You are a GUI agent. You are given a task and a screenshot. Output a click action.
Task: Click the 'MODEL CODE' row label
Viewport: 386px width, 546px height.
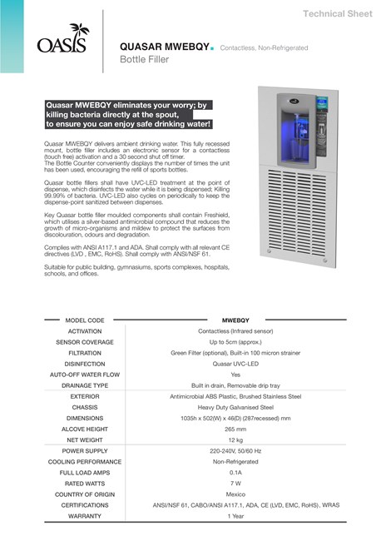tap(85, 320)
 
